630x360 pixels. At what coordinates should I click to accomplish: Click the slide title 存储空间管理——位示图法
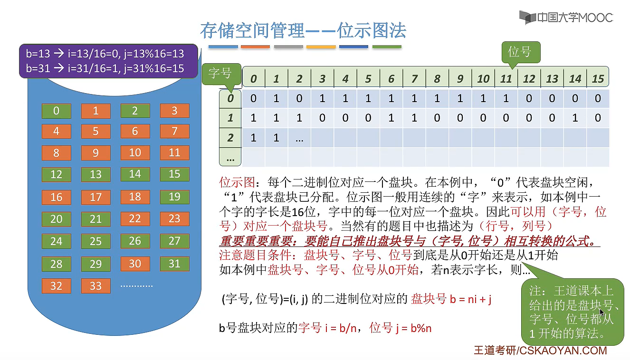[303, 31]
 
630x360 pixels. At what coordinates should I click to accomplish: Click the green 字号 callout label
[220, 74]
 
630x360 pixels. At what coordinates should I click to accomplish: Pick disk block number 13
[95, 174]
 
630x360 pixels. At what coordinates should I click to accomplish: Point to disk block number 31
[174, 264]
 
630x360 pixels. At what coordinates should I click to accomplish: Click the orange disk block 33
[95, 286]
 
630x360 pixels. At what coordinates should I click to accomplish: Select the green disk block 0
[56, 111]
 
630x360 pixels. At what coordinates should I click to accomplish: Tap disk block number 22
[135, 219]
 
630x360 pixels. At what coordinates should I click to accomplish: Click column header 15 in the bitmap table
[598, 79]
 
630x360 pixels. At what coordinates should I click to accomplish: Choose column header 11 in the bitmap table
[506, 79]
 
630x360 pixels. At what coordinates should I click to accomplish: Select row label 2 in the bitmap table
[230, 138]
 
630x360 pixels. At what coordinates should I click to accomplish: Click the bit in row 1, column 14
[575, 118]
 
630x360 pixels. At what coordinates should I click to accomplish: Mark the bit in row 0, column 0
[253, 99]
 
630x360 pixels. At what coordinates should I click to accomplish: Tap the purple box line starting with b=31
[105, 68]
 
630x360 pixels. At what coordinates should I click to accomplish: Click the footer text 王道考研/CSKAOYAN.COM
[540, 351]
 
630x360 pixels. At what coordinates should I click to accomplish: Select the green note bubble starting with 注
[572, 312]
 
